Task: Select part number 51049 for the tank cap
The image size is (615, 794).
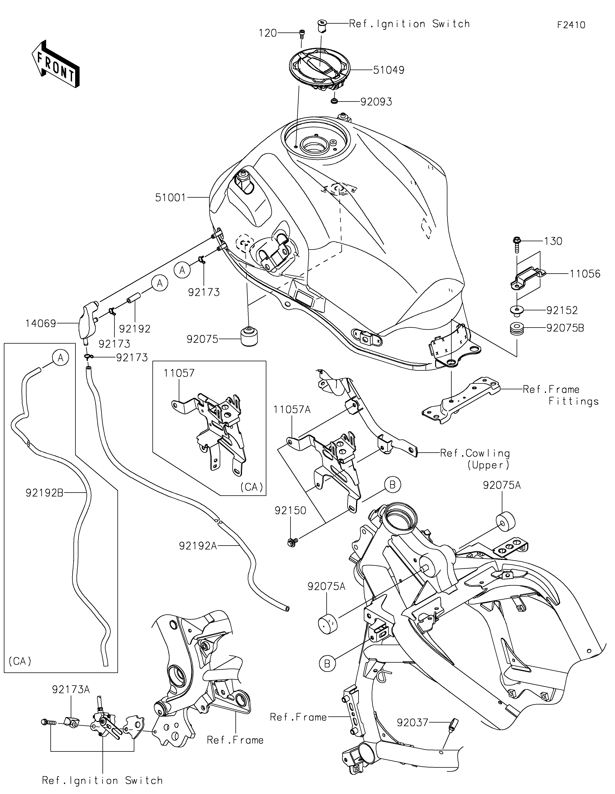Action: point(388,70)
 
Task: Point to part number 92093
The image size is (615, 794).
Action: point(376,102)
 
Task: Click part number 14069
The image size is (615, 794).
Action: point(41,323)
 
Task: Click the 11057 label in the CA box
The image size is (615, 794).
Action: point(179,373)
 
